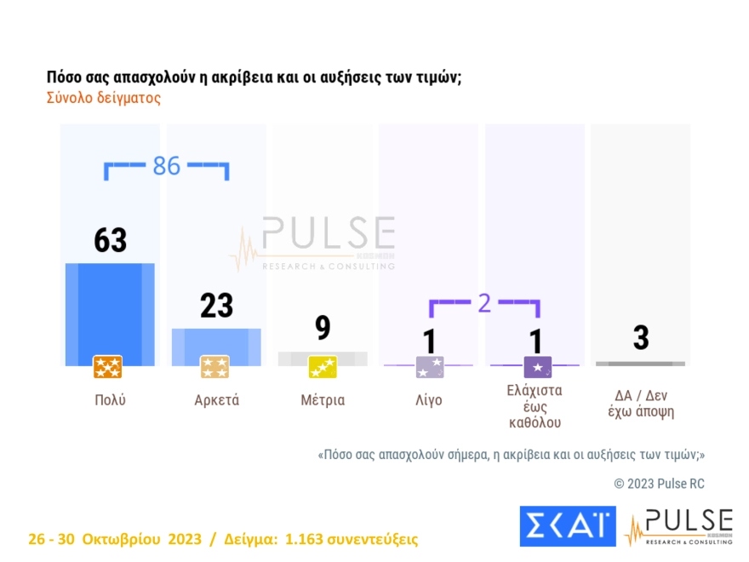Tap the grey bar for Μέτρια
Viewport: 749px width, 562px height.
tap(323, 358)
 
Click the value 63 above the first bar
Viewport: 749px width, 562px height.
tap(110, 240)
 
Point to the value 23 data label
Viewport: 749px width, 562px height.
tap(216, 305)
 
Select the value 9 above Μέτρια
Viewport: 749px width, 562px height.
tap(323, 328)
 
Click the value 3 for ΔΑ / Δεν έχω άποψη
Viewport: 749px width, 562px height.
tap(640, 338)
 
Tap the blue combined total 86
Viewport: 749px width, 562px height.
tap(167, 166)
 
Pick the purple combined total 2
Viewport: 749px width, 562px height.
tap(484, 302)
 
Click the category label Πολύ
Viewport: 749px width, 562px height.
tap(110, 400)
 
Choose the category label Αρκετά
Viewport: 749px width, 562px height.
tap(216, 400)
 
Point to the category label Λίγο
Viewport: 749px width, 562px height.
tap(428, 400)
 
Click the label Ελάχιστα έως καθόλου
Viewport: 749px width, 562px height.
tap(535, 406)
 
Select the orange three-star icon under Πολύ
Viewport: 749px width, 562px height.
tap(108, 367)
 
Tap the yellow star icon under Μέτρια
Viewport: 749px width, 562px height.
tap(323, 367)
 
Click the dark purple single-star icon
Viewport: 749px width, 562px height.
tap(538, 367)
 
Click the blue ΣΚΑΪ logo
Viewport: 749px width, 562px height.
tap(567, 525)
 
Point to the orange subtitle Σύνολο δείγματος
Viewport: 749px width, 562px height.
tap(103, 98)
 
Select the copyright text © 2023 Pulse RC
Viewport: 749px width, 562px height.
tap(659, 484)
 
